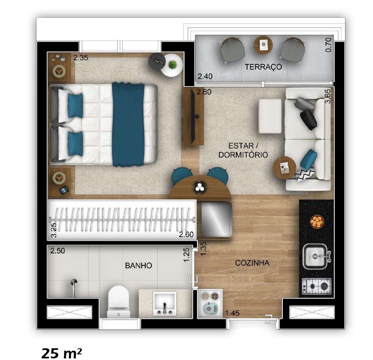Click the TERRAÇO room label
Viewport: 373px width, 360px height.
[263, 67]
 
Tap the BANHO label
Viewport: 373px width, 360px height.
[138, 266]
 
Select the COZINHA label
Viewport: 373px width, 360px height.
[252, 263]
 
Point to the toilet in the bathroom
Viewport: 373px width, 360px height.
[118, 301]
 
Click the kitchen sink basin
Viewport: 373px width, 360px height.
[315, 257]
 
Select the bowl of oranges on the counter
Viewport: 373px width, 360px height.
[317, 221]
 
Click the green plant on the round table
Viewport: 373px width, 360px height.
[174, 65]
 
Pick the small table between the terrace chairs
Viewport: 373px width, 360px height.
[263, 44]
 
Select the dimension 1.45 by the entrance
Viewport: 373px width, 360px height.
[233, 313]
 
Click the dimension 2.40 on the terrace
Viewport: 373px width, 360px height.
[205, 76]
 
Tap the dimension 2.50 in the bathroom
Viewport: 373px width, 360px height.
[57, 251]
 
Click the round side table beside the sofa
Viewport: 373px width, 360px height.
[285, 168]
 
